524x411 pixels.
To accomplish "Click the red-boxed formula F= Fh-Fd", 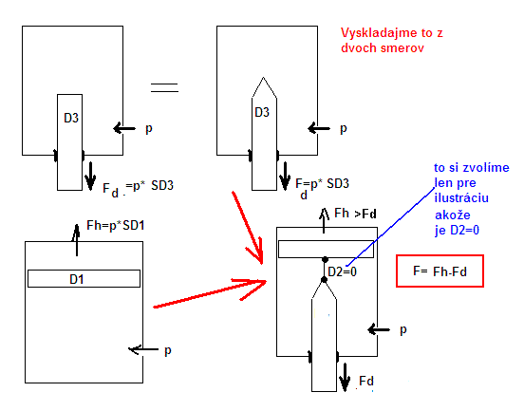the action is coord(440,271).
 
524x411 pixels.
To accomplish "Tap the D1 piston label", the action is coord(77,279).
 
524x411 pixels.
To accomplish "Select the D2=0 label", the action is coord(342,271).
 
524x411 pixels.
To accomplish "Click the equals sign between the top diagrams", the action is coord(164,88).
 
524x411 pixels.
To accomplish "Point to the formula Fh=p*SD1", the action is coord(115,226).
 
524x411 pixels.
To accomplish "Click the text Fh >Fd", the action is coord(355,214).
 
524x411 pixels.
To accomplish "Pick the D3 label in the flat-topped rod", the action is coord(71,118).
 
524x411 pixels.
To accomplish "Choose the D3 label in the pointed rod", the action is coord(262,112).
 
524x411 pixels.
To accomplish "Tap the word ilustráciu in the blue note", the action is coord(461,197).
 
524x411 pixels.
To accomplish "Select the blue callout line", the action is coord(390,227).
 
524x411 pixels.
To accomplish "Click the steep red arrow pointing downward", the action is coord(248,228).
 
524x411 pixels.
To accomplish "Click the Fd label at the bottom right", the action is coord(366,381).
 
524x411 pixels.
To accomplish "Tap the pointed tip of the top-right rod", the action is coord(263,78).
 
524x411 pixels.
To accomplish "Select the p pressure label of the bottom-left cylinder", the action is coord(168,351).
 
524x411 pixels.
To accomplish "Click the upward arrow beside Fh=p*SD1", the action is coord(77,240).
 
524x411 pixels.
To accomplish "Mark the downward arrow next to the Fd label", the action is coord(345,377).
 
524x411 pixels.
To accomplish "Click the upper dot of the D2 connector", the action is coord(325,260).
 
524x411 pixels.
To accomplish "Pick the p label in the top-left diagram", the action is coord(149,129).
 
